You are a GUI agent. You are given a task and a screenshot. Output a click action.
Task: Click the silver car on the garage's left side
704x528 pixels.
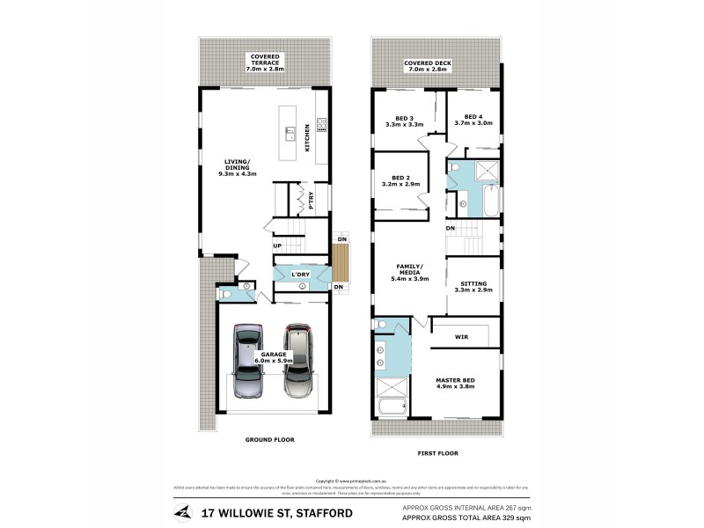[247, 361]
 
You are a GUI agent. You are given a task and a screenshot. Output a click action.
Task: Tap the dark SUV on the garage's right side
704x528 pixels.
[298, 361]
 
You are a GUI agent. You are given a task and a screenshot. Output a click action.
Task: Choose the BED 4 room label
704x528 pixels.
[473, 120]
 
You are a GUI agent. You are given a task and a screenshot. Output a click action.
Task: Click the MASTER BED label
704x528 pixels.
[455, 385]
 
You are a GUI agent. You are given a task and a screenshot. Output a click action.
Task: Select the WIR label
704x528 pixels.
[461, 336]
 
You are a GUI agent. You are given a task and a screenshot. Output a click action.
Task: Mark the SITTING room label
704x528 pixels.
[473, 286]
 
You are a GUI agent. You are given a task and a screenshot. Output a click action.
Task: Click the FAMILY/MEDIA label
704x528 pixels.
[408, 274]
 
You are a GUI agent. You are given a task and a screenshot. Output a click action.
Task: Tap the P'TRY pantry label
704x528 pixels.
[311, 200]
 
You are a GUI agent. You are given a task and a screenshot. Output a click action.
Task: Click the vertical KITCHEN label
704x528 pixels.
[306, 136]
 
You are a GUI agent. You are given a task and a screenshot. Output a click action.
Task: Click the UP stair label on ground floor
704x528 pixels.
[276, 246]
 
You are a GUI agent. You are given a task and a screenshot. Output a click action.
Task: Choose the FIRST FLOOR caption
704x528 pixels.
[436, 453]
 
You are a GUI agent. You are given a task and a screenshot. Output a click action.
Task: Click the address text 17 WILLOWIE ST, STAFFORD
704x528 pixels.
[276, 513]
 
